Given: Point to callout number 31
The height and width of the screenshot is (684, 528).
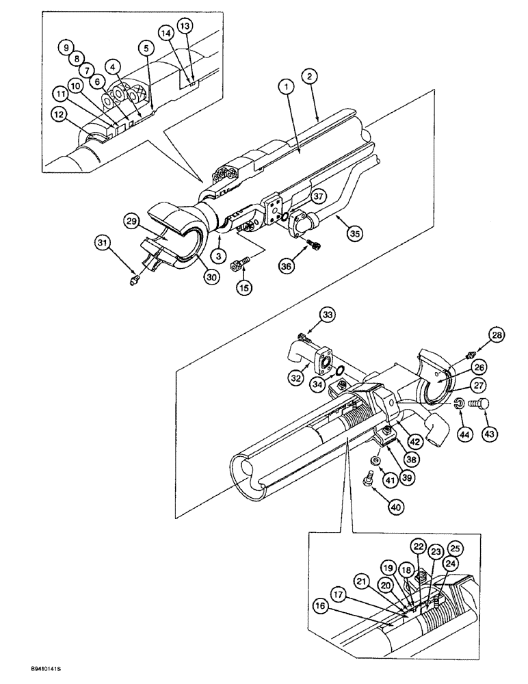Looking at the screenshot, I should (x=103, y=241).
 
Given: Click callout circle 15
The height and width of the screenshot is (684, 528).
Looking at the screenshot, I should (x=243, y=288).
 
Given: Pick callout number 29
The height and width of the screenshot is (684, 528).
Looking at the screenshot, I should (x=133, y=220).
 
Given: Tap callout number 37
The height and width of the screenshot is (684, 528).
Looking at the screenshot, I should (x=318, y=196).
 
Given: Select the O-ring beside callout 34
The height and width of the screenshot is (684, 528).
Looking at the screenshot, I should (x=339, y=371).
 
